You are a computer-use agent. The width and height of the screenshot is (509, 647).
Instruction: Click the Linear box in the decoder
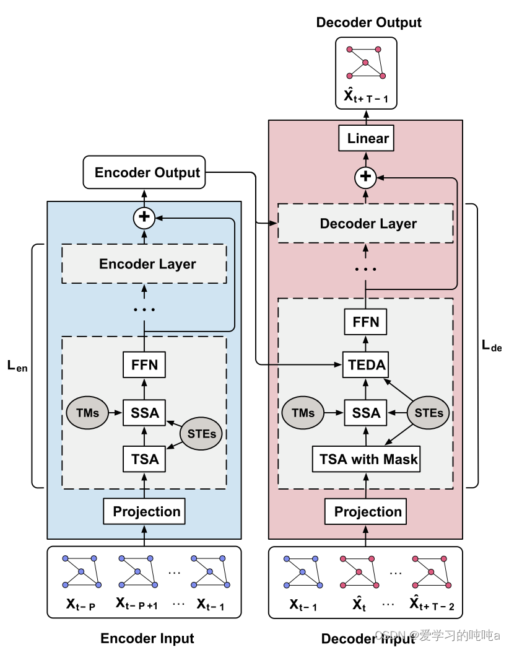click(366, 138)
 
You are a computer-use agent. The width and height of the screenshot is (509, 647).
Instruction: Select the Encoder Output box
click(144, 172)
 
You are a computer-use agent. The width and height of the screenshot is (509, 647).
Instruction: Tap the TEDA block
click(365, 365)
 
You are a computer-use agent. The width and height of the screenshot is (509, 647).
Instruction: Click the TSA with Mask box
click(366, 459)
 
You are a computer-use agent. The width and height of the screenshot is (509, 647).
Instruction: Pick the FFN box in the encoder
click(144, 365)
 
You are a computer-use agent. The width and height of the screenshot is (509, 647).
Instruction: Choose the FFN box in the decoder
click(365, 322)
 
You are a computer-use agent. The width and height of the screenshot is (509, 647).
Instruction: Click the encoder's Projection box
click(144, 512)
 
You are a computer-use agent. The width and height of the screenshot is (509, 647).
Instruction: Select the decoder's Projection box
click(365, 512)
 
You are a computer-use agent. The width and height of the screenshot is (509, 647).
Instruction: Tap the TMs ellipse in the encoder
click(87, 413)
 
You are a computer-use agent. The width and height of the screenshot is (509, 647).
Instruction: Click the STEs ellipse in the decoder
click(429, 413)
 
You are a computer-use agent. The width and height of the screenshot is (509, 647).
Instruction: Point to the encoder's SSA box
click(144, 413)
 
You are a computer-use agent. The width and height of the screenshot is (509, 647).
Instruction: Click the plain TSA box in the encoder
click(144, 459)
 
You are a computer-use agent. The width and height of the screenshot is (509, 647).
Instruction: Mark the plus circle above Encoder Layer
click(144, 218)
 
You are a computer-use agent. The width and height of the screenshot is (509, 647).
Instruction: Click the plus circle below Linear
click(365, 177)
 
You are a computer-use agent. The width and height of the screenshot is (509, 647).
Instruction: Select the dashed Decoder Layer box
click(365, 223)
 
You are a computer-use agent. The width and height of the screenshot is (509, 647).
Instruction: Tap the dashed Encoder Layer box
click(144, 263)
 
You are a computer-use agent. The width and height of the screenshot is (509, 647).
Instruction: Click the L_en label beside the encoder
click(17, 366)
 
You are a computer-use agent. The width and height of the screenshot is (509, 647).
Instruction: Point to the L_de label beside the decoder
click(492, 346)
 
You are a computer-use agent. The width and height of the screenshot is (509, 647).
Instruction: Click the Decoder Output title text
click(369, 22)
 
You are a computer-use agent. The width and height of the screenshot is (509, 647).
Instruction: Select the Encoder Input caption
click(147, 638)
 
